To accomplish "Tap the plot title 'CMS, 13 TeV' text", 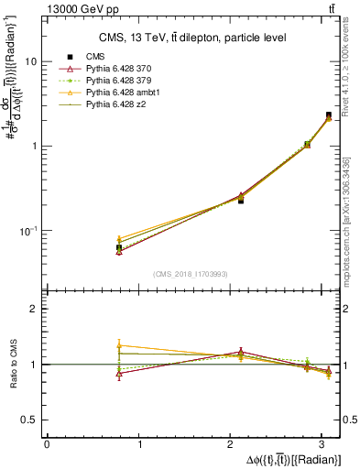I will click(192, 38).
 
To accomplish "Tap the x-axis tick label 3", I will click(328, 444).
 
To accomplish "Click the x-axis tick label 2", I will click(234, 444).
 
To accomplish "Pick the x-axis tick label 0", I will click(47, 444).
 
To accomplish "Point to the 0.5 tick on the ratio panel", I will click(32, 420).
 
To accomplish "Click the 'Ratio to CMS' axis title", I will click(14, 365).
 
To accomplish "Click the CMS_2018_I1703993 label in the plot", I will click(192, 274).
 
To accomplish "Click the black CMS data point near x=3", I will click(328, 115).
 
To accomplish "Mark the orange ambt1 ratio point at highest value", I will click(118, 345).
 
